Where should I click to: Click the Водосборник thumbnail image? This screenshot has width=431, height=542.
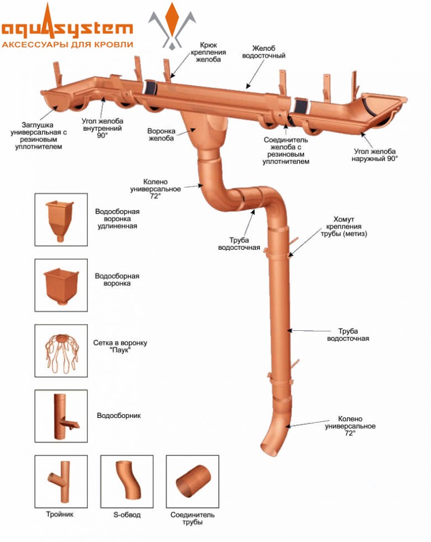(61, 416)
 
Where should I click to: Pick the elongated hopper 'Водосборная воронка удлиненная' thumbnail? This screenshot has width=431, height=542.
(61, 220)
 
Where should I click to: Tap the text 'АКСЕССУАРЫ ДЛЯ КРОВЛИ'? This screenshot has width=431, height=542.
(68, 44)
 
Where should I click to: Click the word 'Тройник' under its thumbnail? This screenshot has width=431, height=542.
(60, 514)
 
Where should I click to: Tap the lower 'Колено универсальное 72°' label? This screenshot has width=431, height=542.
(350, 426)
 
